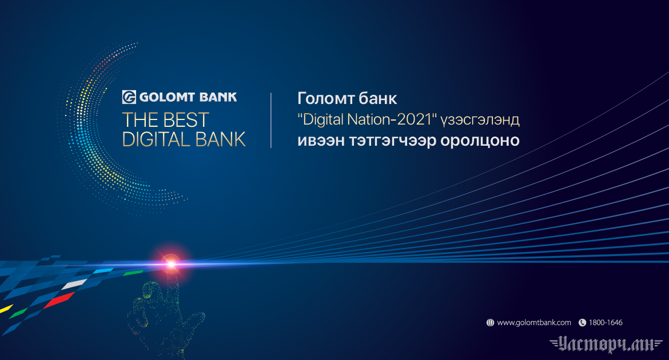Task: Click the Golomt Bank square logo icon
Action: pos(129,97)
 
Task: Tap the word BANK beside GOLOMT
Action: pos(218,97)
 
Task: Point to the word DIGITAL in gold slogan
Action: pos(156,139)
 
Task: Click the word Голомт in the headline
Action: pos(325,98)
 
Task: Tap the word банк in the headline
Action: pos(377,98)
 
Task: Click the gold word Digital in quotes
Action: pos(322,119)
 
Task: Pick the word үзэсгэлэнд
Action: pos(480,120)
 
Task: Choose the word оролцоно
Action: pos(480,141)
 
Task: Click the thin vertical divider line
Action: pos(271,120)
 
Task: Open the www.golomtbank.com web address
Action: pos(533,322)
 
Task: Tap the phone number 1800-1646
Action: pos(606,322)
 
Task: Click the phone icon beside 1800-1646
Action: pos(582,322)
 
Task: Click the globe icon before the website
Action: pos(490,322)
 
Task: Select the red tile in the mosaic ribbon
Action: pos(59,300)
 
